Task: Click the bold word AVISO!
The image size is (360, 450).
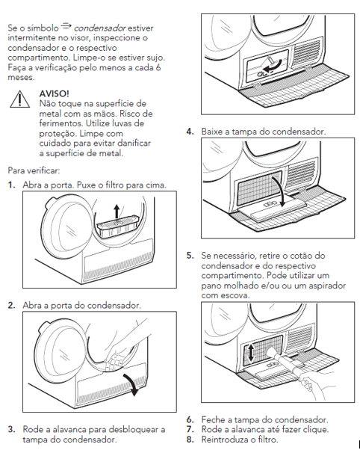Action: point(54,93)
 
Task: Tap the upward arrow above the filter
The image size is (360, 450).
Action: point(117,212)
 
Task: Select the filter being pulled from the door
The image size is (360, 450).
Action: point(118,226)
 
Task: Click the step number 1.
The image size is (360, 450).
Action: point(11,185)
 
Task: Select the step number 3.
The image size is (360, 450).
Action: point(11,429)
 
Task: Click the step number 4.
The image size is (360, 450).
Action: point(190,132)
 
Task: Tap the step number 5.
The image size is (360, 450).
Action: point(190,256)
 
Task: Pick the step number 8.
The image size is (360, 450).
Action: point(190,439)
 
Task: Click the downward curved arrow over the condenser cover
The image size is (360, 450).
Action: point(279,190)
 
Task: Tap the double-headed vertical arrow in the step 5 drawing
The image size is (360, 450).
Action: point(251,353)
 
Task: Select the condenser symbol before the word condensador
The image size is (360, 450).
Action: point(66,26)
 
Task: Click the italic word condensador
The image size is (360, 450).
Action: point(99,28)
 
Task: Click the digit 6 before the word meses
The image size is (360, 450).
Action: point(158,67)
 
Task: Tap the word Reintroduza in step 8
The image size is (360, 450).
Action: point(224,439)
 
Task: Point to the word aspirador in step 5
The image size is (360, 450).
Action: point(327,286)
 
